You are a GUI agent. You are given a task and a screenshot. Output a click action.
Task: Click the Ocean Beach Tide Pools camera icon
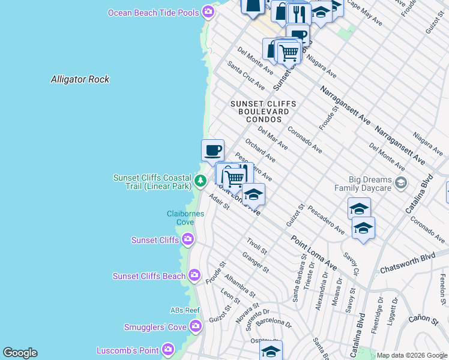click(208, 12)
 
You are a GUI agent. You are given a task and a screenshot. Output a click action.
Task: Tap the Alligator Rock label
click(80, 79)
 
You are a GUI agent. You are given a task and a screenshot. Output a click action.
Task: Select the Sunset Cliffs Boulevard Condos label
click(259, 112)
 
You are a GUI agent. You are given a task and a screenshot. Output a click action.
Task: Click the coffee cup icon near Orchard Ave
click(212, 149)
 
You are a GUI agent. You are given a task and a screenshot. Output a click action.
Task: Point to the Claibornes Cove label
click(185, 218)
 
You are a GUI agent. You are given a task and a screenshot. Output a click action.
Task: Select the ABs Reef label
click(184, 310)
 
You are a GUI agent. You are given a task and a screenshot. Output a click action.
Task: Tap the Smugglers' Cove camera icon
click(195, 327)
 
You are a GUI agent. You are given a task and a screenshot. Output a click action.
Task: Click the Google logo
click(20, 353)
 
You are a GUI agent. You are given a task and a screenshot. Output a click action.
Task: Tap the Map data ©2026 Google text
click(412, 355)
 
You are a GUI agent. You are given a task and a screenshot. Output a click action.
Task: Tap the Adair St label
click(219, 202)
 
